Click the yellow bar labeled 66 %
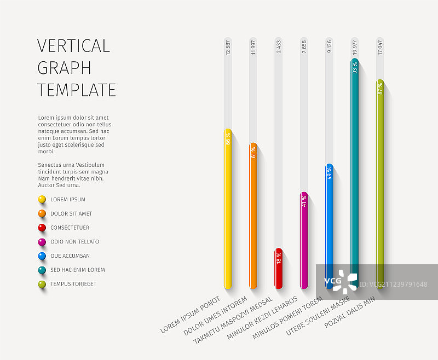click(x=228, y=208)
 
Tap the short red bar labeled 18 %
click(x=279, y=268)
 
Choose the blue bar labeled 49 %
click(x=329, y=219)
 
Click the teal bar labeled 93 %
click(x=355, y=164)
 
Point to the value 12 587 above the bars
click(x=228, y=48)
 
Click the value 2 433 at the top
click(x=279, y=47)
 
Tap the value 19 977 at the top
click(x=355, y=48)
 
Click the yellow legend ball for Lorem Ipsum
click(x=42, y=200)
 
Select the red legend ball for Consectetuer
click(x=42, y=228)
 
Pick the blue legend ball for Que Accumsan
click(x=42, y=256)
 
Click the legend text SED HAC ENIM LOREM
click(x=77, y=270)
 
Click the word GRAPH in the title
click(x=64, y=68)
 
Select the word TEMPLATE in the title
click(x=77, y=90)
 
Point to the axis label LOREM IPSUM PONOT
click(x=190, y=315)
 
